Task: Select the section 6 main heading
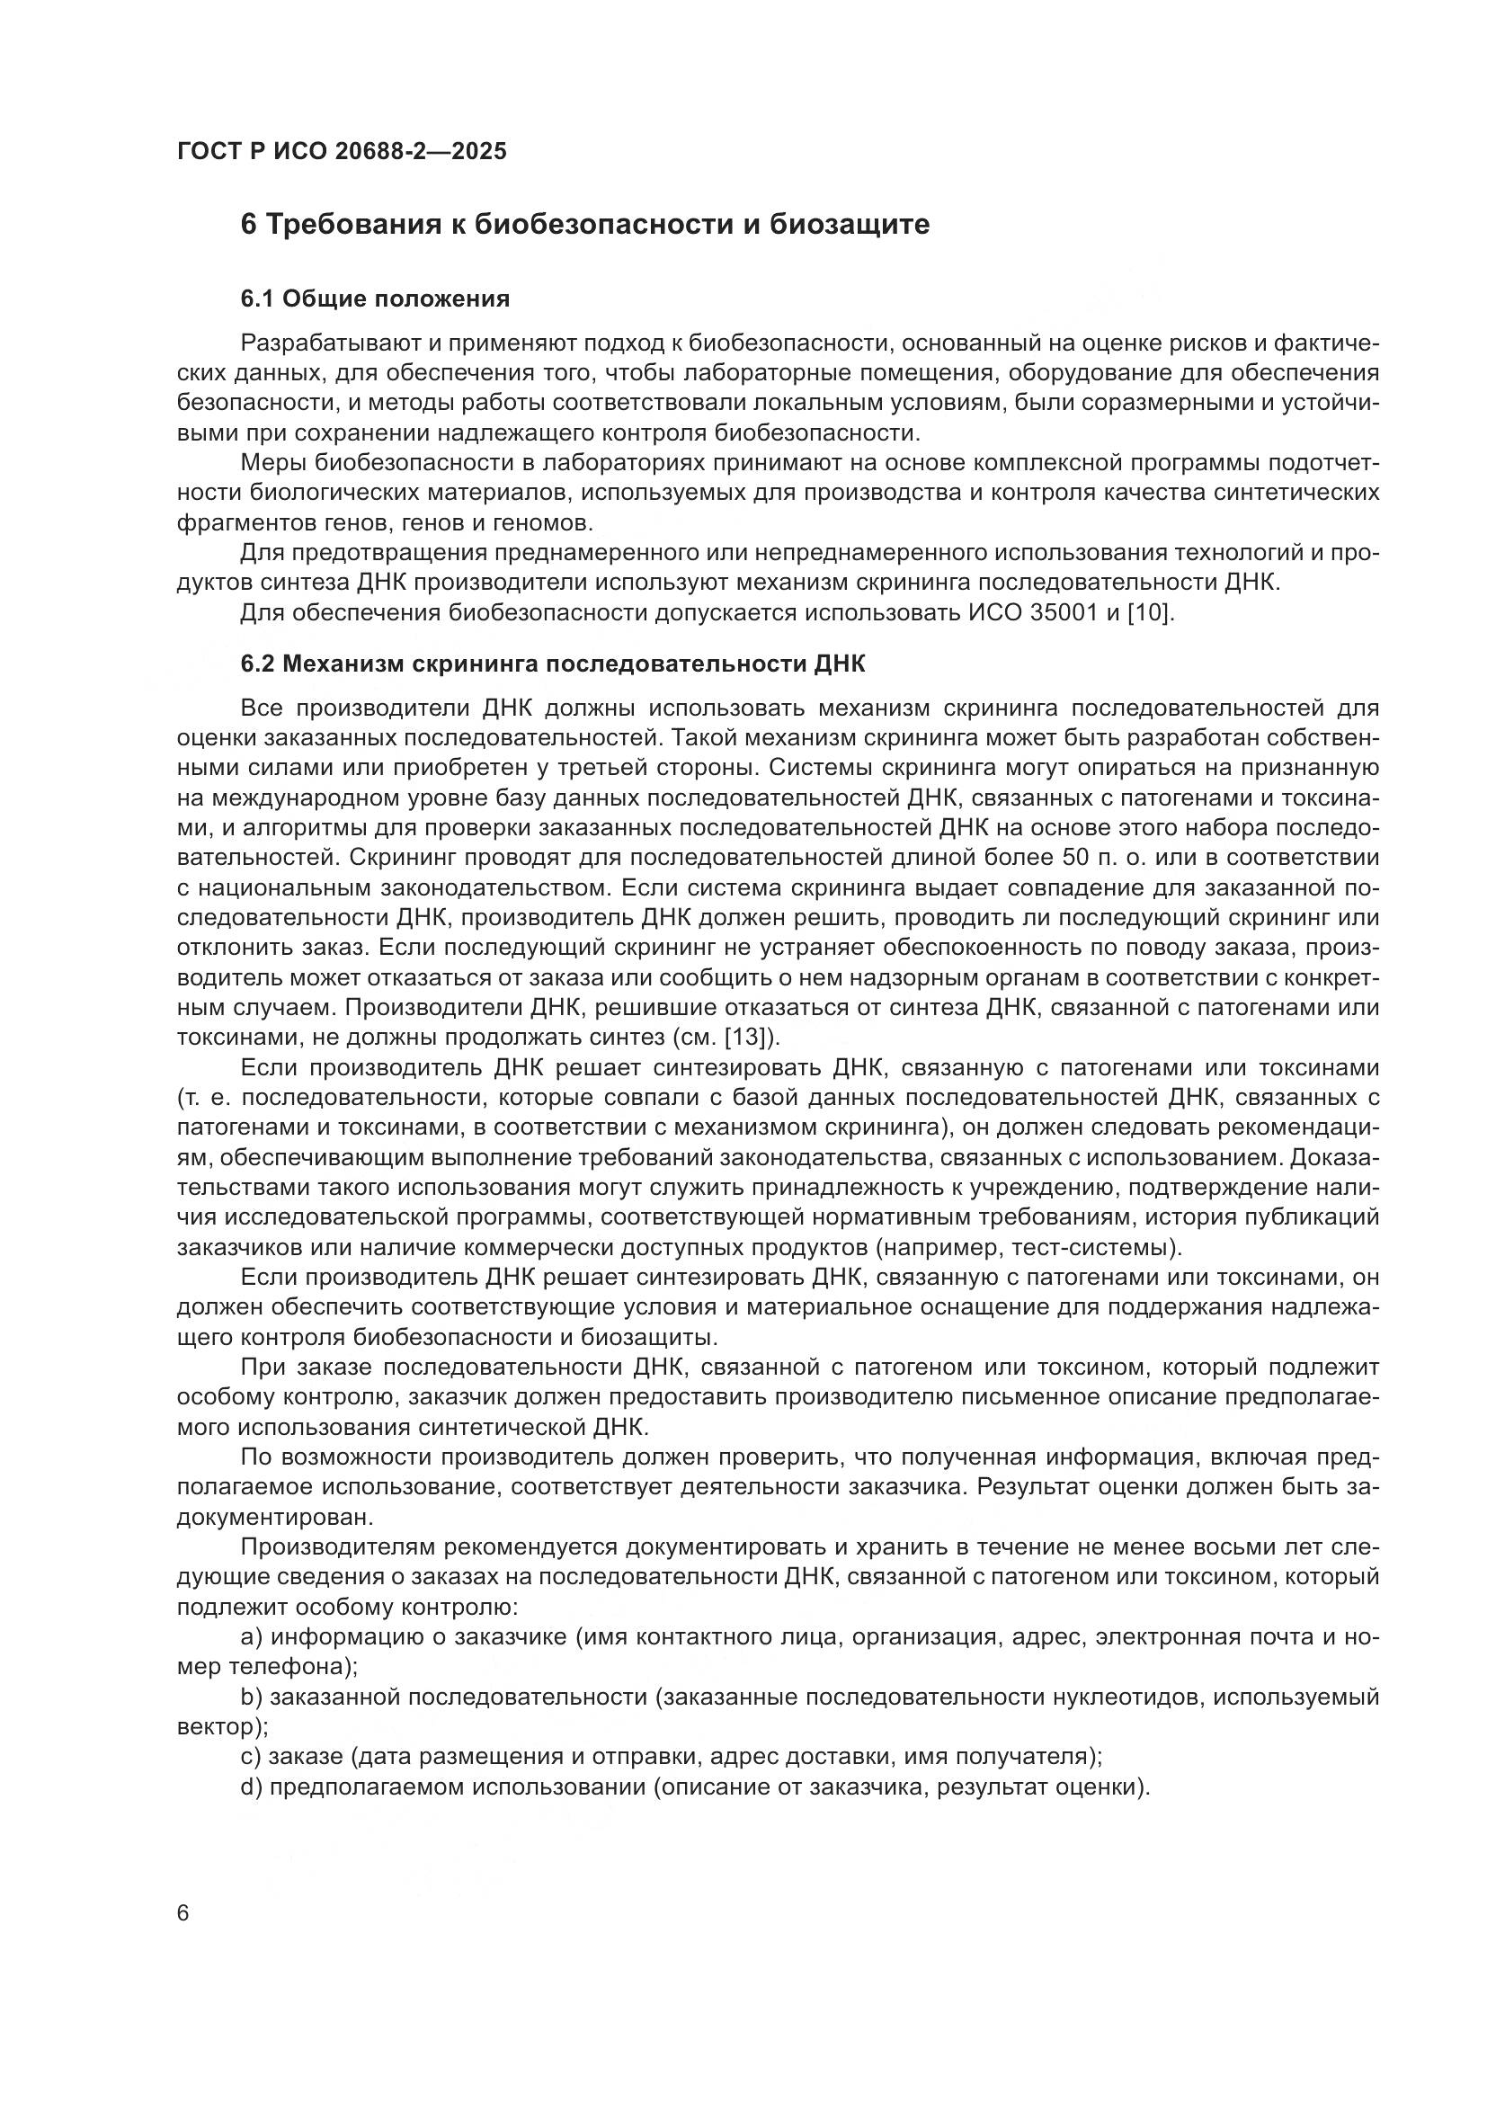[x=585, y=225]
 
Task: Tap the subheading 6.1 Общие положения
[x=376, y=299]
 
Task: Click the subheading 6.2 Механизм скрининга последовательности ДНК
[x=552, y=664]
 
